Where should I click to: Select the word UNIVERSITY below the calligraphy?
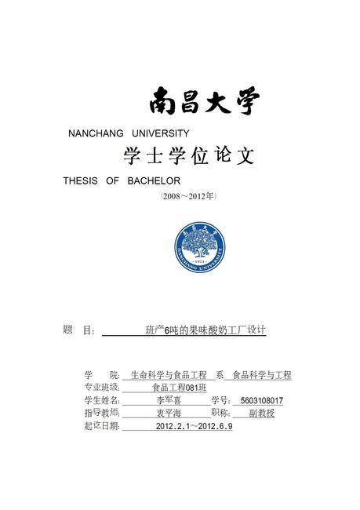click(162, 133)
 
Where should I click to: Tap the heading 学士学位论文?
click(189, 156)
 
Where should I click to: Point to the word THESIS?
click(81, 180)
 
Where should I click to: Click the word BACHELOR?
click(154, 180)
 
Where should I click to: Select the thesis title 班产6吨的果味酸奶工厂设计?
click(205, 330)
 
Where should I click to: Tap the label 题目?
click(78, 330)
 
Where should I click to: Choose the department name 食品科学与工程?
click(261, 375)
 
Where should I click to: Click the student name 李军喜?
click(169, 400)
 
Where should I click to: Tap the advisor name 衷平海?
click(169, 413)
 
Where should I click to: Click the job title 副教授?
click(261, 413)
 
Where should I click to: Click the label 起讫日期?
click(101, 426)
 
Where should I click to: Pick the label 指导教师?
click(101, 413)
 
